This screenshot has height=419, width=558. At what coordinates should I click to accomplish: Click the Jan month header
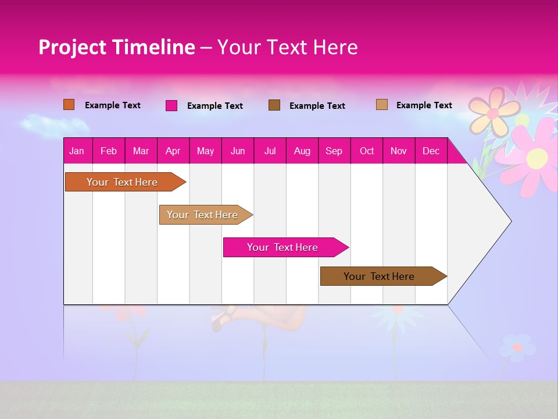point(77,151)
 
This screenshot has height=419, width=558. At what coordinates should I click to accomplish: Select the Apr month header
point(173,151)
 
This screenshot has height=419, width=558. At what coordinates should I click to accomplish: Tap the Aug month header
point(302,151)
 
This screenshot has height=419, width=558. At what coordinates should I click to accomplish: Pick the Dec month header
point(431,151)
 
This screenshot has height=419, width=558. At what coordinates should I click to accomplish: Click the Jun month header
point(238,151)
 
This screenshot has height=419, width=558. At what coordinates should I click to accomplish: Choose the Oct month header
point(367,151)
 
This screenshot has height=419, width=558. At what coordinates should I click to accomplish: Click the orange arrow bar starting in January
point(122,182)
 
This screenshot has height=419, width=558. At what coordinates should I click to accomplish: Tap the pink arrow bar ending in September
point(282,247)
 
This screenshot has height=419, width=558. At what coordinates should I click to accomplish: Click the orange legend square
point(69,105)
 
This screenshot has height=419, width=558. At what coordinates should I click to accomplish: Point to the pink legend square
point(171,105)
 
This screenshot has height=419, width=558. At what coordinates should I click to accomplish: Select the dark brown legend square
point(274,105)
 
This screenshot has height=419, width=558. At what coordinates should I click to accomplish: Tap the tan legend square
point(381,105)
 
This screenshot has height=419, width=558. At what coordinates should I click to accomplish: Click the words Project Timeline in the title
point(116,47)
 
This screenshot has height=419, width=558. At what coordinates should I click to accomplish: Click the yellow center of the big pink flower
point(538,157)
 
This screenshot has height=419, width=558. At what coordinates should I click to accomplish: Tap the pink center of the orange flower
point(493,113)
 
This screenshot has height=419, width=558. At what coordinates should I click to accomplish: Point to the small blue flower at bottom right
point(517,347)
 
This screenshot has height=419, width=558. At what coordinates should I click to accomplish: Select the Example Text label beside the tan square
point(424,105)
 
